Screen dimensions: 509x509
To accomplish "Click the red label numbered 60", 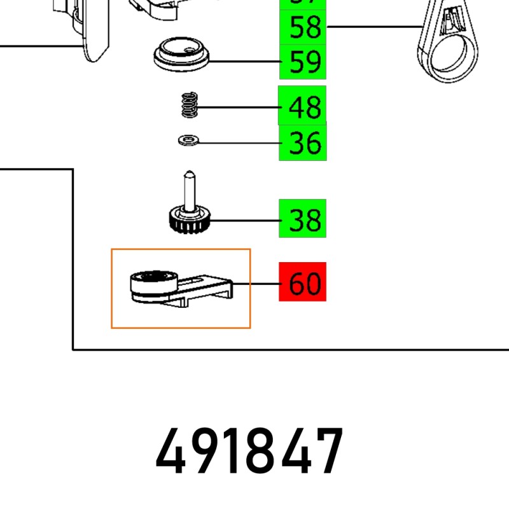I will (x=303, y=282).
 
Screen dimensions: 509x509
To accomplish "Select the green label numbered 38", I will (x=303, y=220).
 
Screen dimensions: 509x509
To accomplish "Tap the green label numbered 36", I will (x=303, y=143).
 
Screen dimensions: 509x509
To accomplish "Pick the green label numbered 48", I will (x=303, y=107).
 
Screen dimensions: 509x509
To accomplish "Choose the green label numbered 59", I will (x=303, y=62).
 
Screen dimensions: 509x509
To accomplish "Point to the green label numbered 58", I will (x=303, y=27).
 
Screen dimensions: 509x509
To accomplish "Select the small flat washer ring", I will (x=188, y=139).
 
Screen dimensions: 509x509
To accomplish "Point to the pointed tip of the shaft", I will (x=189, y=173).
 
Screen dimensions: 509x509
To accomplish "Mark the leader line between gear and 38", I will (x=242, y=221).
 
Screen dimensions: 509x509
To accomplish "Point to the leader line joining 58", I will (x=375, y=27).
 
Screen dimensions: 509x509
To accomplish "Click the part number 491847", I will (x=249, y=452).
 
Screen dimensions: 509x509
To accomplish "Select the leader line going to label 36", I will (x=239, y=143).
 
